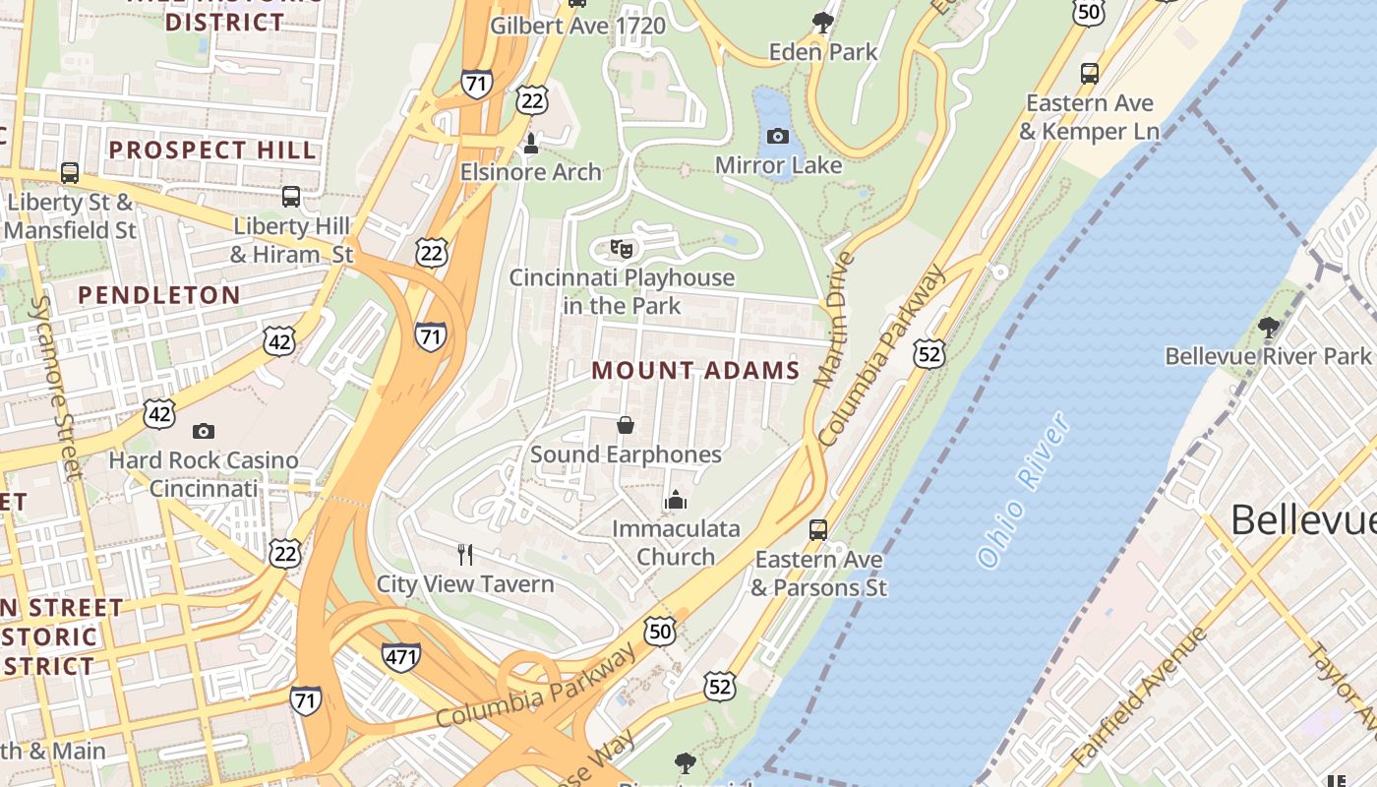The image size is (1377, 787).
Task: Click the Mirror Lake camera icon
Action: (x=777, y=137)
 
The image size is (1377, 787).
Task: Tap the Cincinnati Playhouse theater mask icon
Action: (x=621, y=248)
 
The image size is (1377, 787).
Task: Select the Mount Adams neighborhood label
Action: (x=695, y=371)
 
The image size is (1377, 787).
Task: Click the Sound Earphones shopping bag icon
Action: (x=625, y=425)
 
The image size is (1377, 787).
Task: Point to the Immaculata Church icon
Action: (x=675, y=501)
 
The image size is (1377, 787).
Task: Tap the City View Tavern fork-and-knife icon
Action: (x=465, y=555)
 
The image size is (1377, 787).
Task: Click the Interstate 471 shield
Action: (x=401, y=657)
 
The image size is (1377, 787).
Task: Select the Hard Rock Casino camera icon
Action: (x=204, y=431)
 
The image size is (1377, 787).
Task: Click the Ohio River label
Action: (x=1024, y=489)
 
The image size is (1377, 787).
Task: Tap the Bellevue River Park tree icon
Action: (x=1268, y=327)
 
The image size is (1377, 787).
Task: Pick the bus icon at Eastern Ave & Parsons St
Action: (x=817, y=530)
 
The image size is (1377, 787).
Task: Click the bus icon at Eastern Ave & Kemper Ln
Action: (x=1089, y=74)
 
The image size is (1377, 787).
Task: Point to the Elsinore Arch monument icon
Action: (x=531, y=144)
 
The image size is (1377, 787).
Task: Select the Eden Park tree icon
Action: (x=823, y=22)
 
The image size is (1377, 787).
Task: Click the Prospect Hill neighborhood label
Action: (x=212, y=151)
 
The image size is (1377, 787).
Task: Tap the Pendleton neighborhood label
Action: (x=159, y=295)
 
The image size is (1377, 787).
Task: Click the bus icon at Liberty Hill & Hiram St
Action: (x=291, y=197)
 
